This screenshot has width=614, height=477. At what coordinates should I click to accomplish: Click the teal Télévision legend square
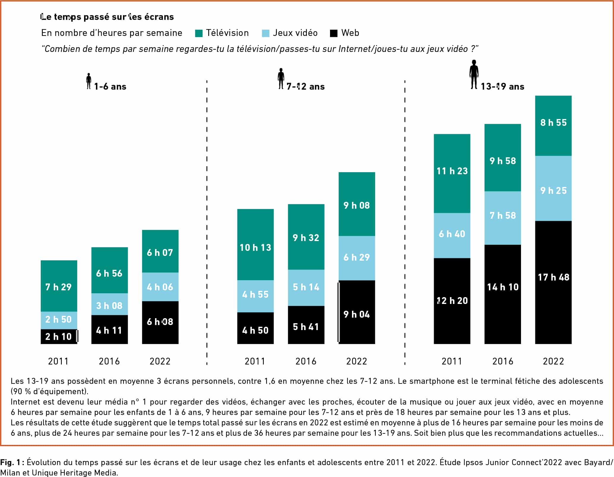[199, 33]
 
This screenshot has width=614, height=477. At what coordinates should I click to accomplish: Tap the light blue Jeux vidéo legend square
[266, 33]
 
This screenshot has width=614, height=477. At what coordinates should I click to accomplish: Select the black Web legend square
[334, 33]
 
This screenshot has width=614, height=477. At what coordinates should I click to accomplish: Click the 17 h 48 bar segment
[553, 282]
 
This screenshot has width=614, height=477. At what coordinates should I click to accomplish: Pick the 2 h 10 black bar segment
[59, 337]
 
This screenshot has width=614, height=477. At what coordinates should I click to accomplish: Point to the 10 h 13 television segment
[255, 245]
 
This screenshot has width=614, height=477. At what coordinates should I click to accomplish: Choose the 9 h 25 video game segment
[553, 188]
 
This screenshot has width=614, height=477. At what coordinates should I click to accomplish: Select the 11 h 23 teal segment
[452, 173]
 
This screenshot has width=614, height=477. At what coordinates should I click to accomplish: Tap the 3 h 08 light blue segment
[110, 304]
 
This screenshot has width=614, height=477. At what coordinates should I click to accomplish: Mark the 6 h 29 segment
[357, 258]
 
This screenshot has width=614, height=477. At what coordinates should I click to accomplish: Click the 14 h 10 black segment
[503, 294]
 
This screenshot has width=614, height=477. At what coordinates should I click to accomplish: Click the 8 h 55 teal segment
[553, 126]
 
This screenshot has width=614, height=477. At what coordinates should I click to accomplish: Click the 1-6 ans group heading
[110, 87]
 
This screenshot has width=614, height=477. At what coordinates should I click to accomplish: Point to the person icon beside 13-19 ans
[474, 74]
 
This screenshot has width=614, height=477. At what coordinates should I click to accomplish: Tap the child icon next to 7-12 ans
[281, 78]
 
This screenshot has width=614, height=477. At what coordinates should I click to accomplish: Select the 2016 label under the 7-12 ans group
[306, 361]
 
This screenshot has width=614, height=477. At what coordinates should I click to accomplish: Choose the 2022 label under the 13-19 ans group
[553, 361]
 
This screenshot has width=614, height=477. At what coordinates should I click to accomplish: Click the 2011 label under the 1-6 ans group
[59, 361]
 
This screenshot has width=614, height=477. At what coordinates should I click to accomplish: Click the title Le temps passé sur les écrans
[107, 17]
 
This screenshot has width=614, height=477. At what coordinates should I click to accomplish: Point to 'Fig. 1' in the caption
[10, 462]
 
